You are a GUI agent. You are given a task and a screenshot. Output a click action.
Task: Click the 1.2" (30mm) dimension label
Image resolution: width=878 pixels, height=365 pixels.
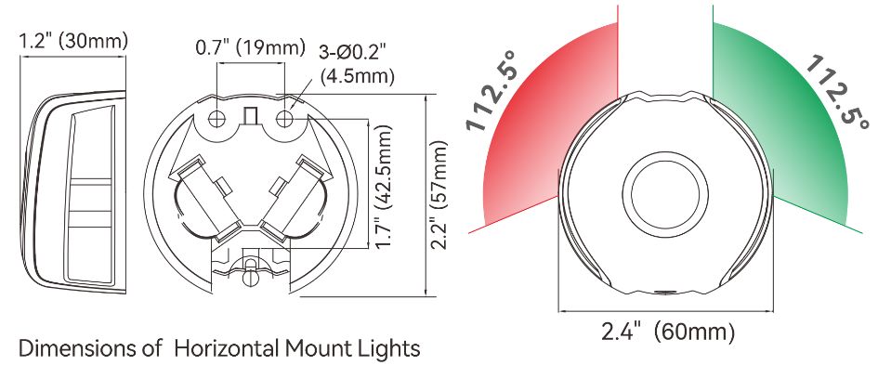(73, 42)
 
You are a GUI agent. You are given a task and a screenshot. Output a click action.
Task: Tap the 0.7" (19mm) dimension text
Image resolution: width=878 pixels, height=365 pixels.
(250, 47)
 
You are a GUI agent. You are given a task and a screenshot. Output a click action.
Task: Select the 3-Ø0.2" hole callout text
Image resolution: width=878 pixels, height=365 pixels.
(353, 54)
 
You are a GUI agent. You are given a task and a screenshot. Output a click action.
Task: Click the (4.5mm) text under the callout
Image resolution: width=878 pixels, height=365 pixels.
(358, 76)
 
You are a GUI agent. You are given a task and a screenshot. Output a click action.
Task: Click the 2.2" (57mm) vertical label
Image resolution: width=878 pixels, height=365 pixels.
(439, 194)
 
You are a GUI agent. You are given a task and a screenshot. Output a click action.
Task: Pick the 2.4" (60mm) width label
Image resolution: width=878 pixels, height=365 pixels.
(667, 332)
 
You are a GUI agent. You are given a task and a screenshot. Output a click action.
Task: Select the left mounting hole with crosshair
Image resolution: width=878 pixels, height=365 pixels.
(217, 119)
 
